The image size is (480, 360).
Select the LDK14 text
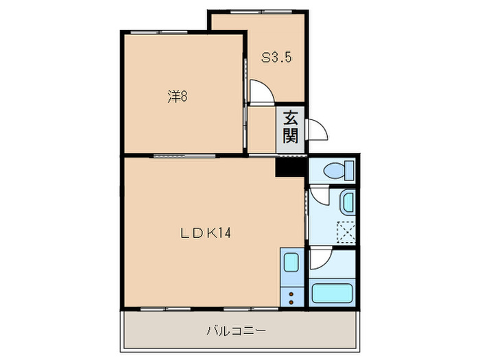pyautogui.click(x=206, y=233)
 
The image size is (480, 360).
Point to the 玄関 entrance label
pyautogui.click(x=290, y=128)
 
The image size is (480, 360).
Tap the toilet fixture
pyautogui.click(x=339, y=169)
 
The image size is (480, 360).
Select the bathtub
pyautogui.click(x=332, y=293)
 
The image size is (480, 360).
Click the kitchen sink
pyautogui.click(x=291, y=263)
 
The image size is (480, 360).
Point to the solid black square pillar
pyautogui.click(x=290, y=167)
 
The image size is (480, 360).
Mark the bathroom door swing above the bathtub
pyautogui.click(x=320, y=259)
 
